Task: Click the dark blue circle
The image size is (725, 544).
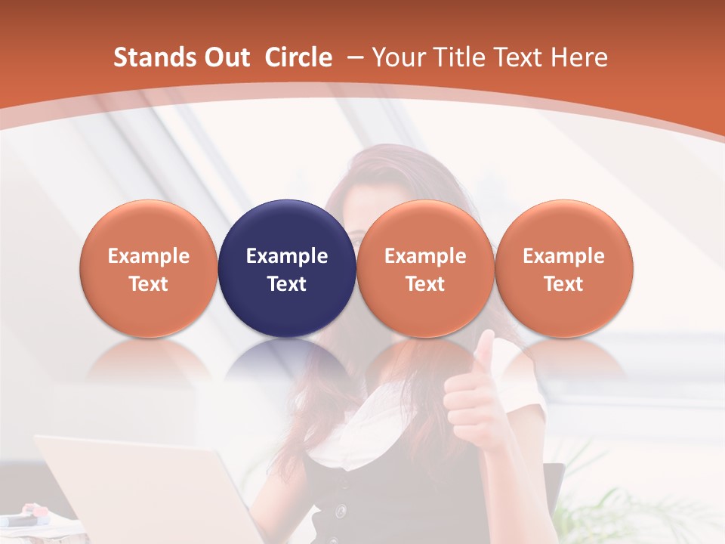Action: coord(287,268)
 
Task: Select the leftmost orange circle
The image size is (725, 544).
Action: coord(148,268)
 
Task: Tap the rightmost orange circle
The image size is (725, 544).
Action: coord(563,268)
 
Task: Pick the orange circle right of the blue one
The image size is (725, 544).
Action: coord(425,268)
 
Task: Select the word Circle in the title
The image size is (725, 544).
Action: coord(298,57)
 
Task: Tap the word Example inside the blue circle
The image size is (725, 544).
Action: coord(287,256)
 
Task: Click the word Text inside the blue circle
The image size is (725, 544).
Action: coord(287,284)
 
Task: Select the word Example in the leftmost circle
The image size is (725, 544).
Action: coord(148,256)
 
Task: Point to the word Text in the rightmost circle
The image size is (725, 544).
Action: coord(563,284)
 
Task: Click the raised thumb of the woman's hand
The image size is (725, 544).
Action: coord(484,355)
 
